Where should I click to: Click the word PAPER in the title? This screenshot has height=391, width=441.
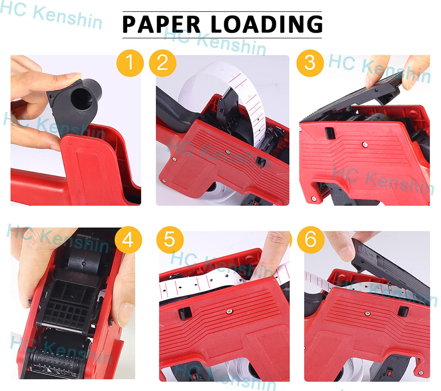pos(161,24)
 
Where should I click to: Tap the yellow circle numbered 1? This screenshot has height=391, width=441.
pos(130,63)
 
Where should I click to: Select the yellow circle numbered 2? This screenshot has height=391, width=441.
pos(163,63)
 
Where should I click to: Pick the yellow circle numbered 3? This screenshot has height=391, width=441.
pos(310,63)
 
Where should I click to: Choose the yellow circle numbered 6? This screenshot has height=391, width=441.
pos(310,239)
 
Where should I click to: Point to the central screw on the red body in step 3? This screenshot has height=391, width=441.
pos(365,144)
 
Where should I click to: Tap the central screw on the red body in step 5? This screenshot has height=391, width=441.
pos(228,311)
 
